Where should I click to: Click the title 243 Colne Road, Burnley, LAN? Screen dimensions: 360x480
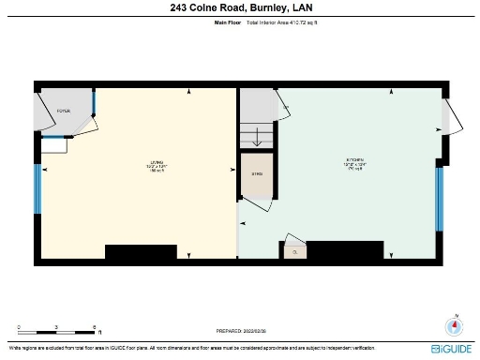[240, 7]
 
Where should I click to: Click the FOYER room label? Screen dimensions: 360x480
[64, 111]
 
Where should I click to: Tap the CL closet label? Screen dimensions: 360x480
[294, 250]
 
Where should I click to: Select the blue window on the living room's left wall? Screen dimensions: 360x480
[37, 193]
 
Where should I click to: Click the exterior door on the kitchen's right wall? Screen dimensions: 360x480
[447, 120]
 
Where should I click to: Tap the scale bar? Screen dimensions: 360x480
[58, 333]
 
